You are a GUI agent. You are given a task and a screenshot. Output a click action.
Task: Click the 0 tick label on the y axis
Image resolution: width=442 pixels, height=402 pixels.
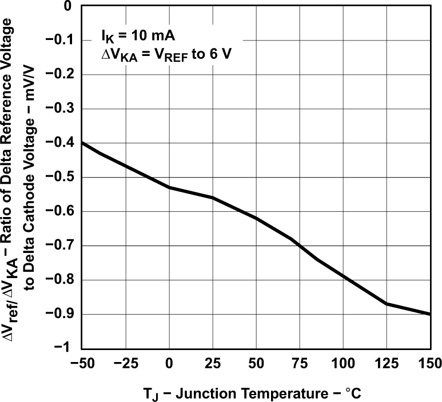click(x=68, y=6)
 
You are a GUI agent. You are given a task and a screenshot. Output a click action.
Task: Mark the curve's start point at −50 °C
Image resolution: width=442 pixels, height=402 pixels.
click(x=82, y=143)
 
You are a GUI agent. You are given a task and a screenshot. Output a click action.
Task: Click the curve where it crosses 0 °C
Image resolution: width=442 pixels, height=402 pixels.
click(x=169, y=187)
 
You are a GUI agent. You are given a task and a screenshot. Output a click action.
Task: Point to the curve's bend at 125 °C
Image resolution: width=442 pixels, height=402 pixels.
click(x=387, y=304)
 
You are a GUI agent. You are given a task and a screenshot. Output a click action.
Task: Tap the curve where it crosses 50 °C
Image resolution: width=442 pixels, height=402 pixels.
click(x=256, y=218)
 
